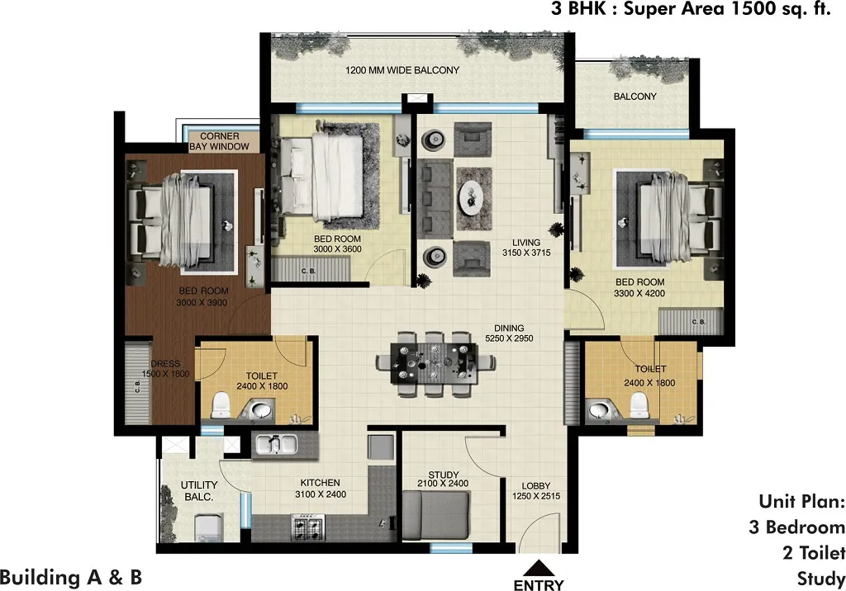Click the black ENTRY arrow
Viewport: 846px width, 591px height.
(x=537, y=569)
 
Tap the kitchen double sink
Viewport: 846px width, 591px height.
(x=275, y=444)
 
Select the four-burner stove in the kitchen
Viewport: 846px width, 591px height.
(x=308, y=527)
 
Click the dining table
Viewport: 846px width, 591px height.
(x=435, y=364)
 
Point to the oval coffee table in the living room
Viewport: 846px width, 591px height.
(x=473, y=198)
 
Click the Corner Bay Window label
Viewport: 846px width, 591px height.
(x=220, y=141)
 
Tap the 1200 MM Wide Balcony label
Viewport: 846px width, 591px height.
(x=402, y=70)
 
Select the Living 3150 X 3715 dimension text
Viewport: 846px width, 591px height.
(x=526, y=248)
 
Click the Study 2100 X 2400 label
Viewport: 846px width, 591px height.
(x=443, y=479)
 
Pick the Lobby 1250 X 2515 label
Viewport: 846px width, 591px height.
(x=535, y=490)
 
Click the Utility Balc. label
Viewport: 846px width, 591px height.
(x=199, y=490)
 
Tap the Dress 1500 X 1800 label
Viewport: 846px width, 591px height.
(x=165, y=369)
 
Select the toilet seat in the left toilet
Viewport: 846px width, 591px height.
(x=221, y=405)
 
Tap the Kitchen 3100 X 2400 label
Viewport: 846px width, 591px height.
(x=321, y=489)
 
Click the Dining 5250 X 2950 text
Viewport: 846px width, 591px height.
(x=509, y=333)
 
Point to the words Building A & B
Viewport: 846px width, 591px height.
(x=71, y=578)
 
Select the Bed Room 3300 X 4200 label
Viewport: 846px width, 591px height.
(x=640, y=287)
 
